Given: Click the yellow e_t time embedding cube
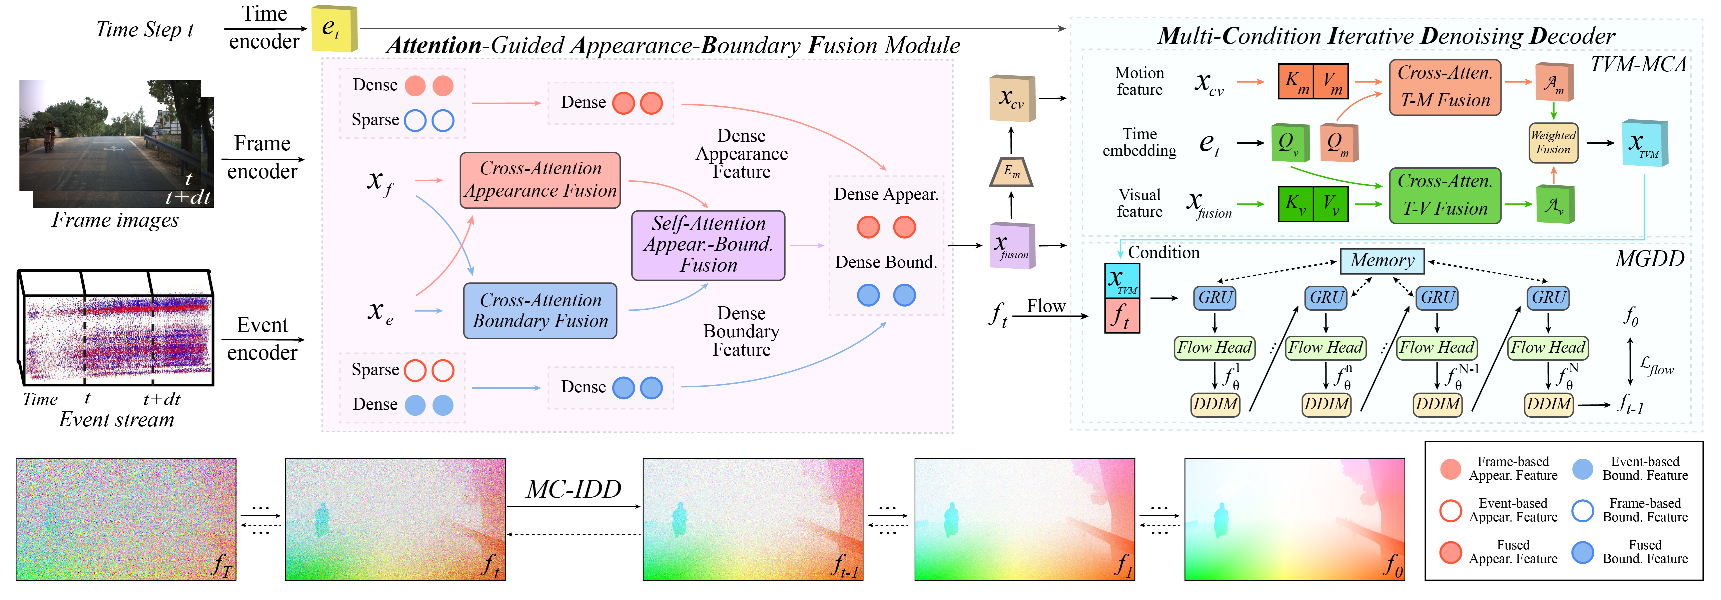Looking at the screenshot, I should click(x=334, y=29).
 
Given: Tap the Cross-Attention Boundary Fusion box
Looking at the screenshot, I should click(x=540, y=311).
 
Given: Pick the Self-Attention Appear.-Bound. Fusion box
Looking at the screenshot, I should click(x=708, y=245).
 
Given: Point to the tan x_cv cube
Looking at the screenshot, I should click(x=1011, y=98).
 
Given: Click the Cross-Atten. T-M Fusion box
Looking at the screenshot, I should click(x=1445, y=87).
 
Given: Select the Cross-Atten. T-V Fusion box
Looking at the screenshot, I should click(x=1445, y=195).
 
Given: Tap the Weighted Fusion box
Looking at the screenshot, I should click(x=1553, y=142).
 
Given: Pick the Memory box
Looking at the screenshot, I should click(x=1382, y=261).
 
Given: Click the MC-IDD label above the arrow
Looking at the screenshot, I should click(x=573, y=490).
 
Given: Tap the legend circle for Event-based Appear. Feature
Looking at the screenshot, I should click(x=1451, y=510).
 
